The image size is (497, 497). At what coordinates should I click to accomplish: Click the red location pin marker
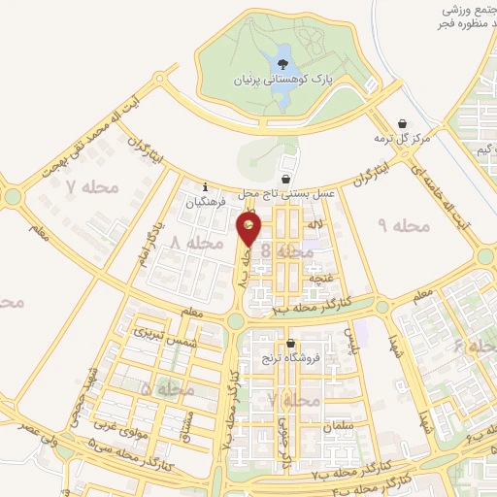pyautogui.click(x=248, y=230)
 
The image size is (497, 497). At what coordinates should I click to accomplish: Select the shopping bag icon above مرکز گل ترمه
pyautogui.click(x=403, y=122)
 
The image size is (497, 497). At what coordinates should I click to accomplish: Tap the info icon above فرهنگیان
pyautogui.click(x=205, y=187)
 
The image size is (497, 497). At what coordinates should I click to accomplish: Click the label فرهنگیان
pyautogui.click(x=213, y=204)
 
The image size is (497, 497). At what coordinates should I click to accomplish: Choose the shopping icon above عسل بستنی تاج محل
pyautogui.click(x=284, y=180)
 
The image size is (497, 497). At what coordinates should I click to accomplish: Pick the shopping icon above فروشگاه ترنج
pyautogui.click(x=289, y=344)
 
